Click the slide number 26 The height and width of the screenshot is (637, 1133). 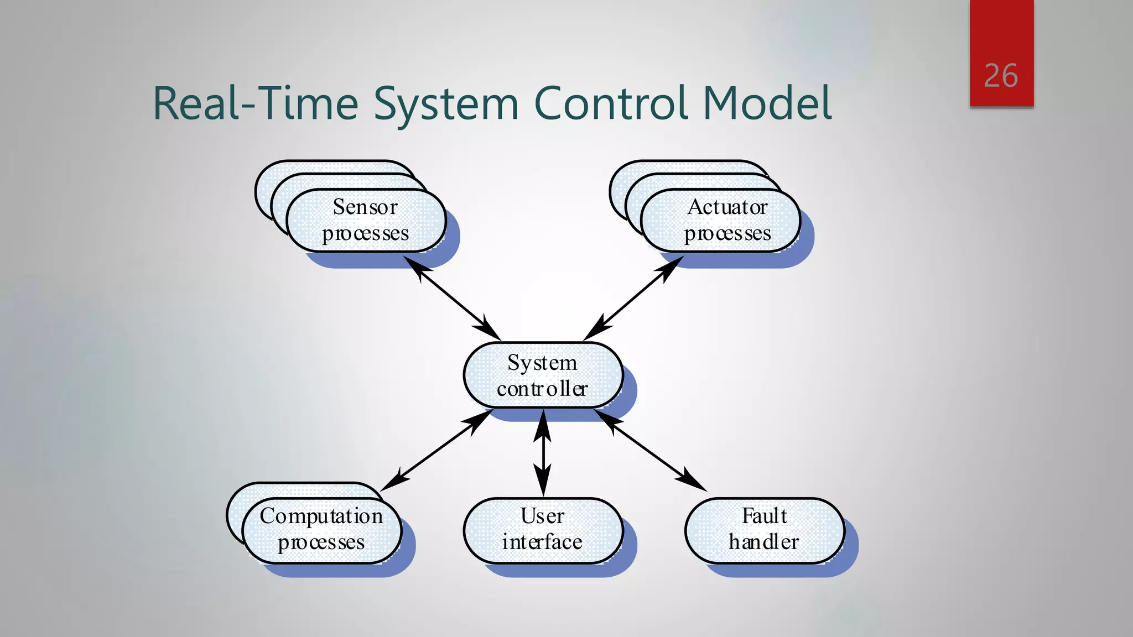point(1001,76)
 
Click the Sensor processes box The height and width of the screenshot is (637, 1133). point(366,221)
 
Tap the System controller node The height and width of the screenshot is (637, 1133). point(543,375)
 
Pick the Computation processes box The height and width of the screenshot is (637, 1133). point(321,530)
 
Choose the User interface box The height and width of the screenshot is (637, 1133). point(543,530)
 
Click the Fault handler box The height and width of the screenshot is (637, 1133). point(765,530)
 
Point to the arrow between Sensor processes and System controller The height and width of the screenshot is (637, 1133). point(453,299)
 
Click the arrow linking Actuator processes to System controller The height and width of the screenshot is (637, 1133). point(633,299)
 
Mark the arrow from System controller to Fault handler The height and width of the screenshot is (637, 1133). point(651,450)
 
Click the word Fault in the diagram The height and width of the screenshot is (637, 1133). point(764,516)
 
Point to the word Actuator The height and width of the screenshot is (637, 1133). point(727,207)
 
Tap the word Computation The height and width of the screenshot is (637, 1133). point(321,516)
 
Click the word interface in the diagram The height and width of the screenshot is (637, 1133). point(542,542)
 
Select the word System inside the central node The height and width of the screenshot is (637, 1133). point(542,363)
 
